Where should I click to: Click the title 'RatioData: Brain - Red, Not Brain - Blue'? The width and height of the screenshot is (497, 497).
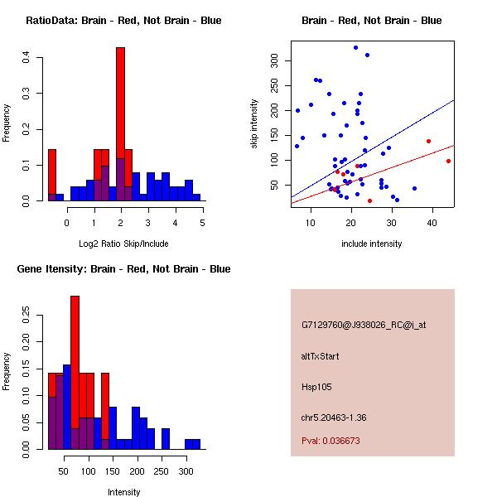tap(123, 21)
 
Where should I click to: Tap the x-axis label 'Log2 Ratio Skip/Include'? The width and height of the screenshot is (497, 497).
tap(123, 244)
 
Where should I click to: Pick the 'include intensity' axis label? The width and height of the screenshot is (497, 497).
tap(372, 244)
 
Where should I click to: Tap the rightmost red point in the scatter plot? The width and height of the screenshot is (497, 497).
tap(448, 161)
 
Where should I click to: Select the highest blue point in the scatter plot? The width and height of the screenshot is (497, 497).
tap(355, 47)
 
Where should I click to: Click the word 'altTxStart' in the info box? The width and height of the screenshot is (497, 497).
tap(320, 356)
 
